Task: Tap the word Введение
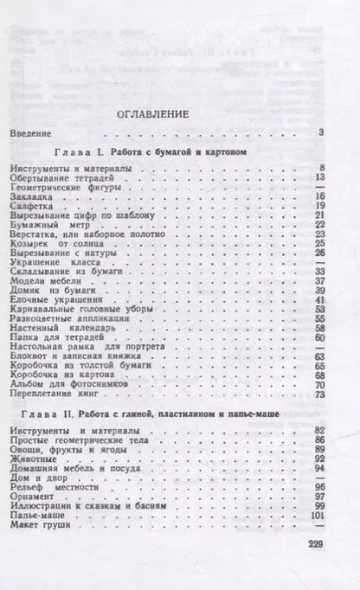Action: [35, 132]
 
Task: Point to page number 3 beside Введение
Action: [320, 132]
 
